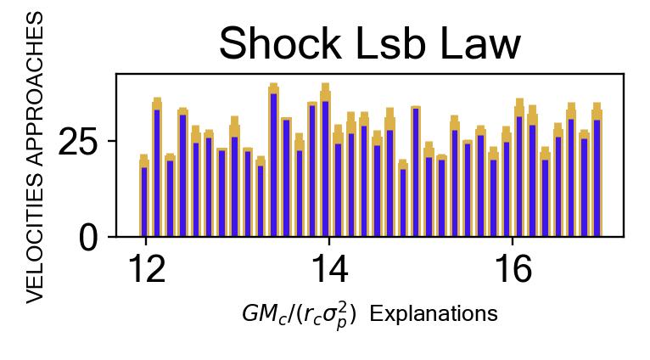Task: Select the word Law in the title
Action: pos(481,45)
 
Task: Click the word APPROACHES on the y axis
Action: pos(35,93)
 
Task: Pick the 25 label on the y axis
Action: pos(79,142)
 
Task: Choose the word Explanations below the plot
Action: pos(434,314)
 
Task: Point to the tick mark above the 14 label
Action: pos(328,240)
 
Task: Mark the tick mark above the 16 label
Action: pos(513,240)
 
